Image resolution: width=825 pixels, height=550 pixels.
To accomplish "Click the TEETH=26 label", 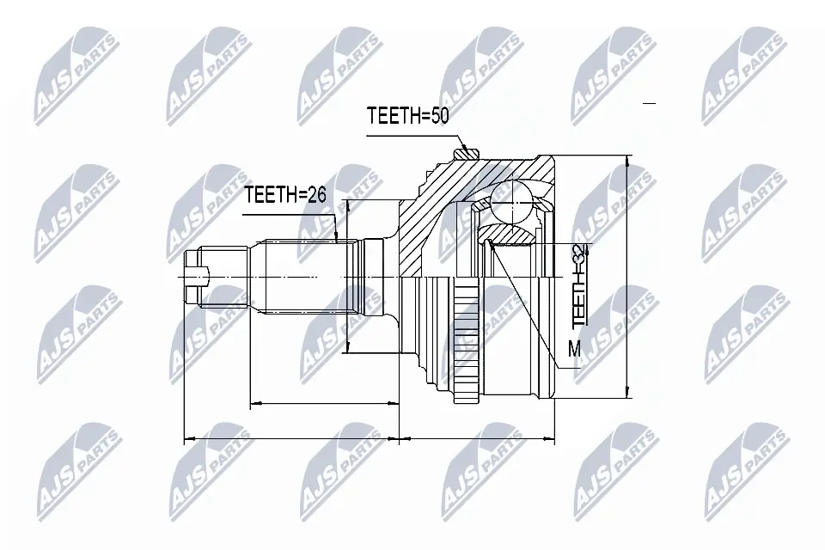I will (x=285, y=195).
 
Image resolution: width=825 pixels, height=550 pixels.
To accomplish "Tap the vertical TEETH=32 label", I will (x=581, y=284).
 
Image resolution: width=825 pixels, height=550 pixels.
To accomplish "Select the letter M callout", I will (x=574, y=349).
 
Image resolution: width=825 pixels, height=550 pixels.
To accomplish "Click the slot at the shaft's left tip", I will (x=197, y=276).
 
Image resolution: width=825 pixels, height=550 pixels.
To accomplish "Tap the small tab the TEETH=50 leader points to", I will (x=468, y=155).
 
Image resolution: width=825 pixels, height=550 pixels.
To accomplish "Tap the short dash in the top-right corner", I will (x=649, y=103).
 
